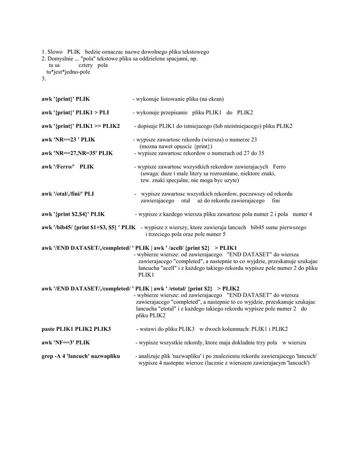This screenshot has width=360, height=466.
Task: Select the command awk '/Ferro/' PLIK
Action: [68, 167]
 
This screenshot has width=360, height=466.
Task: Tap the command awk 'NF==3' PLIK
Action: [66, 342]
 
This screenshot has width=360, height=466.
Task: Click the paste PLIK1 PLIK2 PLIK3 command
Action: [76, 329]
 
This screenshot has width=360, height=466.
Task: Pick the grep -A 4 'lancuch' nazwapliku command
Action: [81, 356]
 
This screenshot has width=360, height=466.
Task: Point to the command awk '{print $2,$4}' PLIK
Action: [73, 214]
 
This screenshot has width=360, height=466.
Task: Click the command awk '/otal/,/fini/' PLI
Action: [68, 194]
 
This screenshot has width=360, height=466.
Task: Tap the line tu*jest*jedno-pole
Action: [68, 72]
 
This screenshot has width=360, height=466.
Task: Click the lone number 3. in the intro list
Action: [44, 79]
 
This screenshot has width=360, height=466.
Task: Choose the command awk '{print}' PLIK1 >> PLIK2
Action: [81, 126]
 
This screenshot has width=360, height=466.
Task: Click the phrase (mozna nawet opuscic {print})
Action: [176, 147]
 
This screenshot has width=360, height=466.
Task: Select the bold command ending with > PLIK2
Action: [141, 289]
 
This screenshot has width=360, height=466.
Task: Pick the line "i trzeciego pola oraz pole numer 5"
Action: [185, 234]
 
